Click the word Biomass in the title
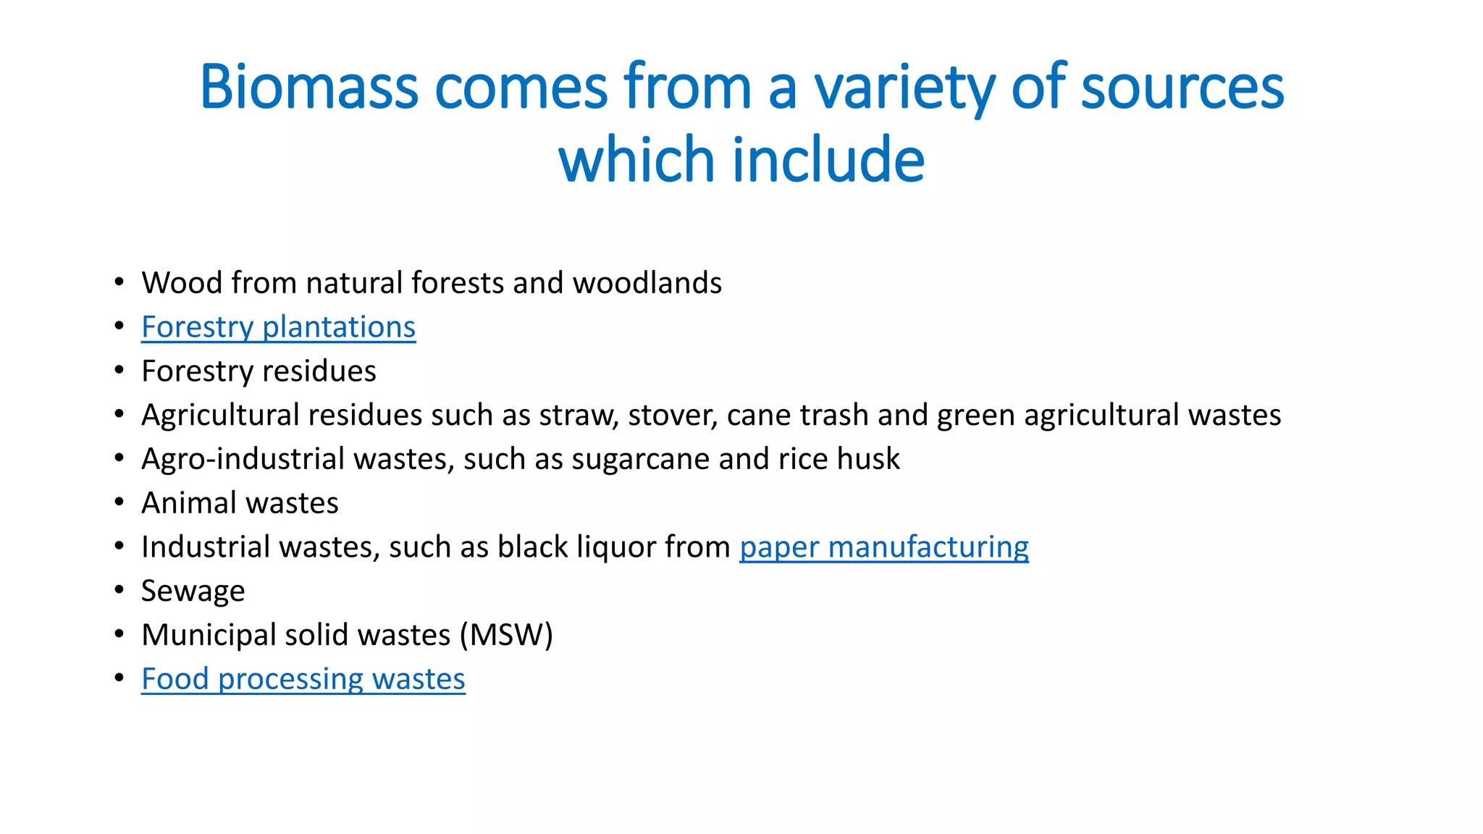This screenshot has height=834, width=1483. tap(308, 87)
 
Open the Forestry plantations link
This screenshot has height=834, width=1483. tap(278, 327)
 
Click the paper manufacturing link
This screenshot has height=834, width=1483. tap(883, 547)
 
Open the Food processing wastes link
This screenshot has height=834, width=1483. tap(303, 679)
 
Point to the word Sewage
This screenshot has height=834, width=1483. tap(193, 591)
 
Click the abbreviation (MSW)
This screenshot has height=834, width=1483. tap(506, 635)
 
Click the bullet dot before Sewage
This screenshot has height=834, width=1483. tap(119, 590)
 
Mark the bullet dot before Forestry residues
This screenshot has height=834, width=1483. tap(119, 370)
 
